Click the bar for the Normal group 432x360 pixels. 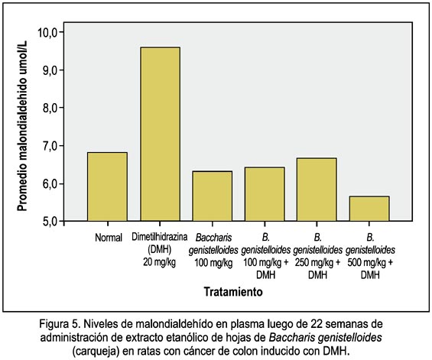coord(107,186)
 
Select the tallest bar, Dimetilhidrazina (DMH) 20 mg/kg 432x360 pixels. coord(161,134)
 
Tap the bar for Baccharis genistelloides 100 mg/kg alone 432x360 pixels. coord(212,196)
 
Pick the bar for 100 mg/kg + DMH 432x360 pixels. coord(265,194)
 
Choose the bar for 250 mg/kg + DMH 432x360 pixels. coord(317,190)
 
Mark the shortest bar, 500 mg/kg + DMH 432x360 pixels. coord(369,209)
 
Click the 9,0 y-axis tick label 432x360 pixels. coord(50,70)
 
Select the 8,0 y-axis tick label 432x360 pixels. coord(50,108)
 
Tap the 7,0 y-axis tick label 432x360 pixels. coord(50,146)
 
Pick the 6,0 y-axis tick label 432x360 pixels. coord(50,183)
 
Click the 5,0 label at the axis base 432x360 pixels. coord(50,221)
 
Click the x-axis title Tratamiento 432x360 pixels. coord(233,291)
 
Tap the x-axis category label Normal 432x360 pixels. coord(109,238)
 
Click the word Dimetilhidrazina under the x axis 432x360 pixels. coord(160,237)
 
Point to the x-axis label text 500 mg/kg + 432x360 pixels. coord(370,263)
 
